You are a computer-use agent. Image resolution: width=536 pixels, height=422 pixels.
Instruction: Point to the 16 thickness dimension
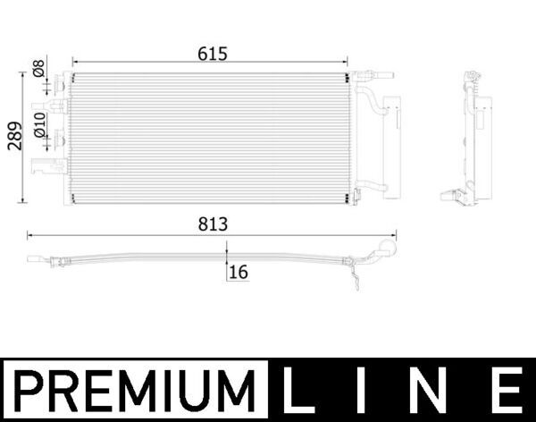click(x=238, y=272)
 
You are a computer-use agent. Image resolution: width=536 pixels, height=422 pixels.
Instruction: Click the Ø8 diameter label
click(x=38, y=69)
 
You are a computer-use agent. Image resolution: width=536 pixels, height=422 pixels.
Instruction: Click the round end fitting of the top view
click(x=389, y=249)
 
